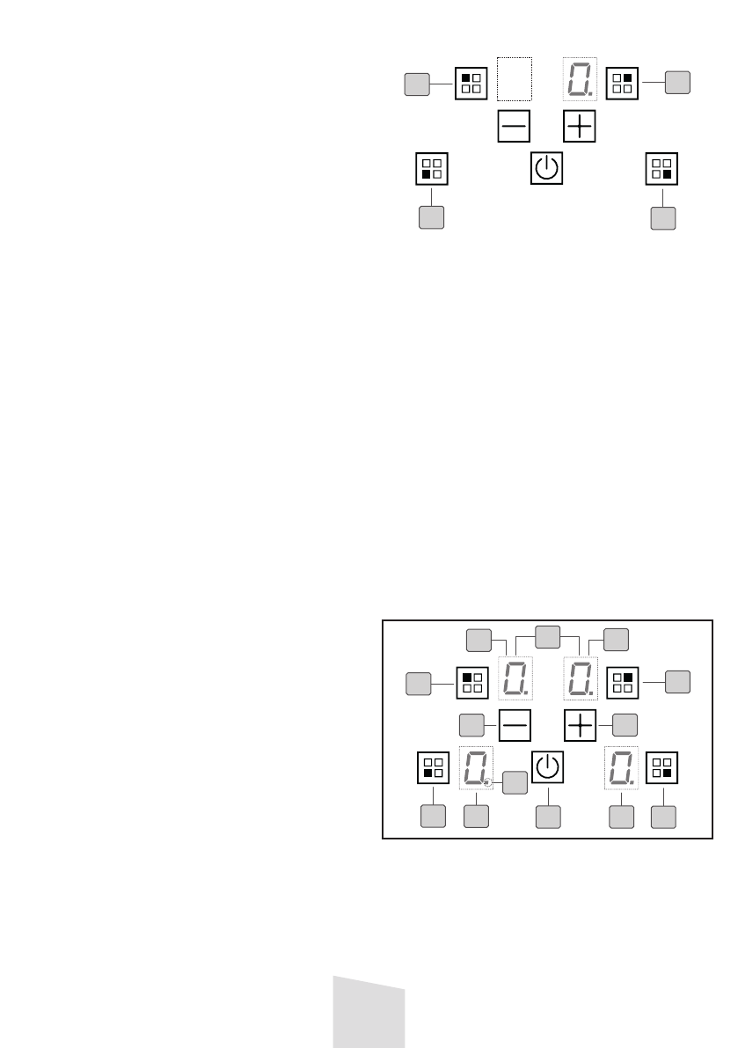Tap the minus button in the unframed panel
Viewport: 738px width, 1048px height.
click(x=514, y=127)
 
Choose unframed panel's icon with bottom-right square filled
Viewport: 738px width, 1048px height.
click(x=662, y=168)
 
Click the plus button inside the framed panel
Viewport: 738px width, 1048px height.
click(x=581, y=724)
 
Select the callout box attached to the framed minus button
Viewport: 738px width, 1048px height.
click(x=472, y=725)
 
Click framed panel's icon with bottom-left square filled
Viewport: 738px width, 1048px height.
click(x=432, y=767)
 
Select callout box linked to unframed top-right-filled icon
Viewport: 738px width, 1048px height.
click(x=677, y=82)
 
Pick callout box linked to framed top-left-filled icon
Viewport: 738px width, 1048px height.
click(x=417, y=683)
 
